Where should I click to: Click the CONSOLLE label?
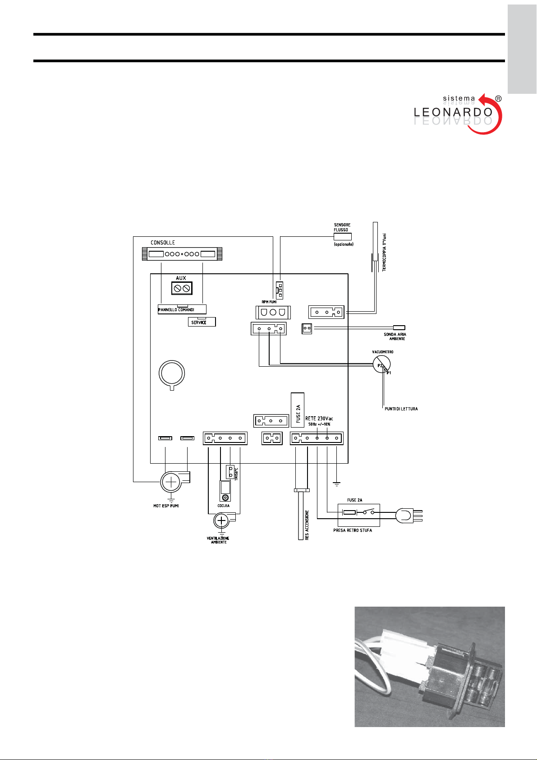163,243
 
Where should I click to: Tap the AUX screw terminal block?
181,288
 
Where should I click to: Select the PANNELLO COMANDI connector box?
182,309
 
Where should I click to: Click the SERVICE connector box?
202,322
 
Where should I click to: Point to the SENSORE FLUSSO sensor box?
342,236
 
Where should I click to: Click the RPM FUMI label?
269,302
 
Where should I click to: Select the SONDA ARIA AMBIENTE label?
395,336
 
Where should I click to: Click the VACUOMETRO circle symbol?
381,364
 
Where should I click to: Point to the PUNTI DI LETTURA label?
401,409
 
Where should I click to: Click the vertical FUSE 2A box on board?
298,410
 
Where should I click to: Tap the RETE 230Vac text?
319,419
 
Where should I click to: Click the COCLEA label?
224,506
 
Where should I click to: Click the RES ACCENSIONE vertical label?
307,525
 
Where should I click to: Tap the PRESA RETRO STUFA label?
353,530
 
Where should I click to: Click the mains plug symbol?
405,516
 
